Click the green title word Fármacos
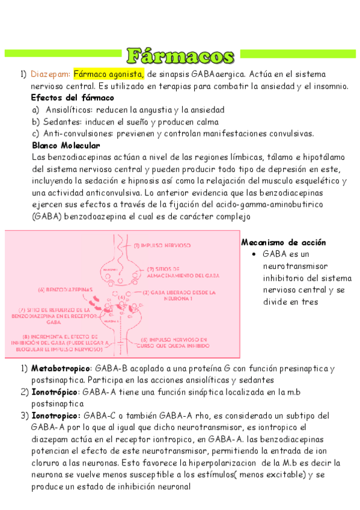pyautogui.click(x=180, y=55)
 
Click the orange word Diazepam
pyautogui.click(x=50, y=74)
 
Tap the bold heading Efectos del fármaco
pyautogui.click(x=72, y=97)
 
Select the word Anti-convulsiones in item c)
pyautogui.click(x=74, y=133)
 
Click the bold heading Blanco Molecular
pyautogui.click(x=66, y=145)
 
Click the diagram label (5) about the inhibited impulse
pyautogui.click(x=170, y=342)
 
